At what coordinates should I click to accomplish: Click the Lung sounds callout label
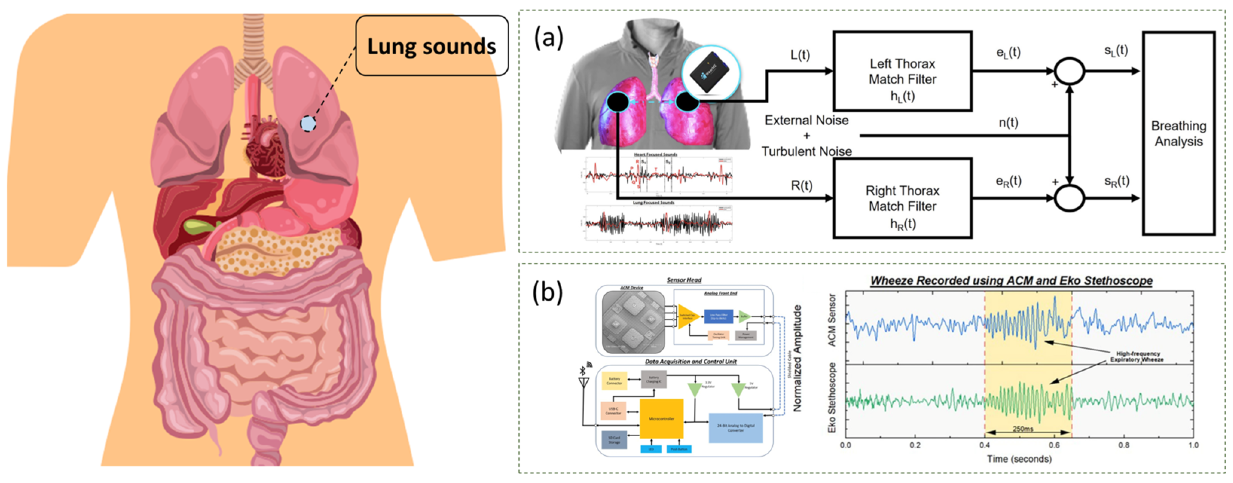pos(431,46)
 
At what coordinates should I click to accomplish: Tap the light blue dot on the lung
pos(308,124)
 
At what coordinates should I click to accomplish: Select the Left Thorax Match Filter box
pos(902,71)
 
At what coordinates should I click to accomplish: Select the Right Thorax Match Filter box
pos(902,198)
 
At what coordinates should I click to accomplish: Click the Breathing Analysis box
pos(1178,133)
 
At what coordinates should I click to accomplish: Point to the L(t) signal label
pos(800,55)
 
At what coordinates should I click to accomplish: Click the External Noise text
pos(807,121)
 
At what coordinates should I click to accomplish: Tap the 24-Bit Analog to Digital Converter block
pos(735,428)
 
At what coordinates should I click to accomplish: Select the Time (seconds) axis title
pos(1019,459)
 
